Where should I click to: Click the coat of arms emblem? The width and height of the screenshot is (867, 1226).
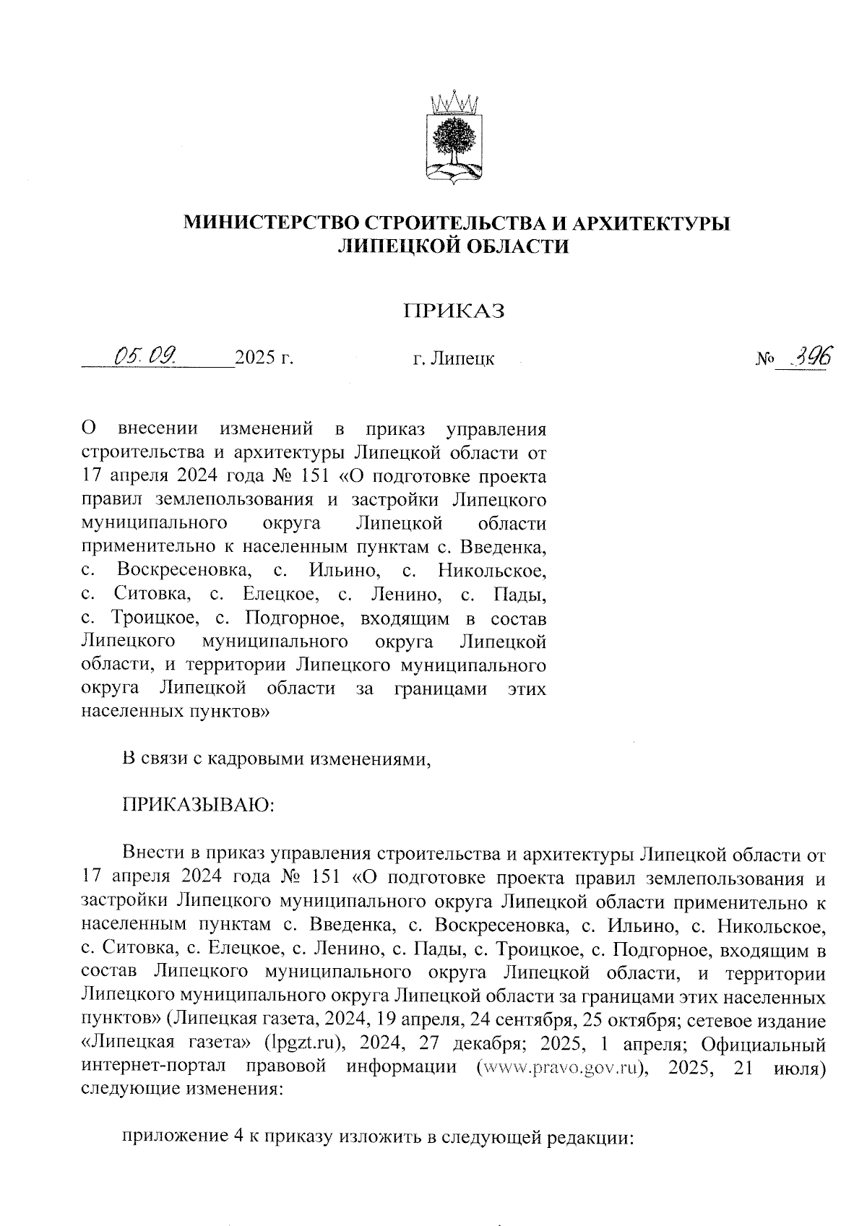[x=454, y=137]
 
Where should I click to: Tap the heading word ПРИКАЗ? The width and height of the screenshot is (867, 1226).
[x=453, y=312]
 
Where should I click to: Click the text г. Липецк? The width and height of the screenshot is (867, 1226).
[x=453, y=359]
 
